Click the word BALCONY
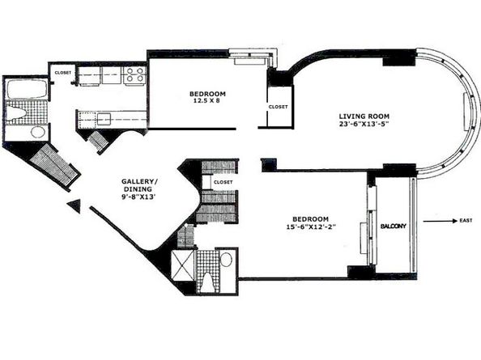tap(395, 227)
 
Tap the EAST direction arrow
tap(437, 220)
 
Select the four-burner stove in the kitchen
tap(134, 76)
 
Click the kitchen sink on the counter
tap(102, 119)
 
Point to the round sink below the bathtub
tap(37, 132)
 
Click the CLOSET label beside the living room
tap(277, 105)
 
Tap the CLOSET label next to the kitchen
tap(62, 73)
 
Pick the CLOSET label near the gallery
tap(223, 182)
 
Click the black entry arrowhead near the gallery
tap(74, 206)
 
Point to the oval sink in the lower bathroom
tap(226, 260)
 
